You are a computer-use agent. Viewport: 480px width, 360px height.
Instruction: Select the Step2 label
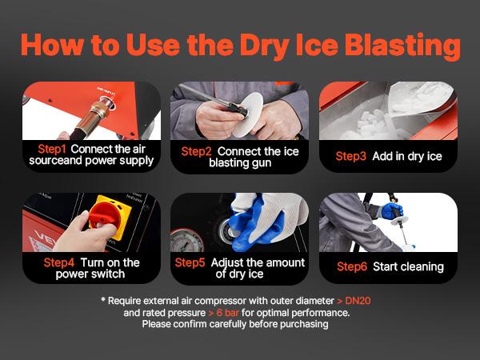196,150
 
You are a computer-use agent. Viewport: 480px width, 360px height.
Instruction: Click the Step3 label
350,156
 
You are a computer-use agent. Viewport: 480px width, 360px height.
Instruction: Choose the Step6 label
353,266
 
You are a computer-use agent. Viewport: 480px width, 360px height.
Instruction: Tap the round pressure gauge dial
183,241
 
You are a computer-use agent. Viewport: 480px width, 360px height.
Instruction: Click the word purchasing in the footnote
298,325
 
